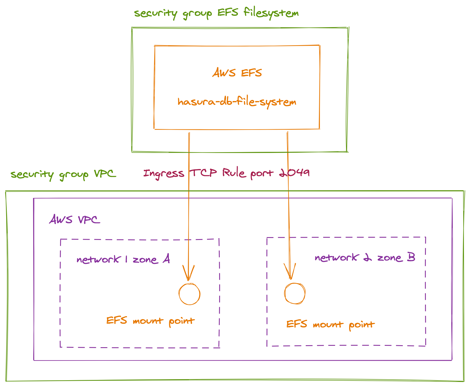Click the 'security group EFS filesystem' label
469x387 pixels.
[x=216, y=13]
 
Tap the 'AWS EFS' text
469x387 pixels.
[x=237, y=73]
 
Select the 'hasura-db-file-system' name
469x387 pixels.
[x=237, y=102]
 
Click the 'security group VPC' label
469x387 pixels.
[x=63, y=174]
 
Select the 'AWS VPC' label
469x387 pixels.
[x=74, y=220]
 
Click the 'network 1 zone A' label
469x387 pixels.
[x=123, y=259]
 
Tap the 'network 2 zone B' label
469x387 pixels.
[x=365, y=257]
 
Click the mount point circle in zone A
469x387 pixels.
[x=190, y=294]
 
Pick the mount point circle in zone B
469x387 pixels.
[x=295, y=294]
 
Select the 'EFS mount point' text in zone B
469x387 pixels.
[x=330, y=325]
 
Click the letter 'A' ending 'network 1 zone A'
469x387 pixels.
[x=166, y=259]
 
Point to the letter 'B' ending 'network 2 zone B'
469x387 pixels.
[x=411, y=257]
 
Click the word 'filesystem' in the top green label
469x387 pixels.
[x=271, y=13]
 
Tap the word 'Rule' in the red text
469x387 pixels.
[x=234, y=173]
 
